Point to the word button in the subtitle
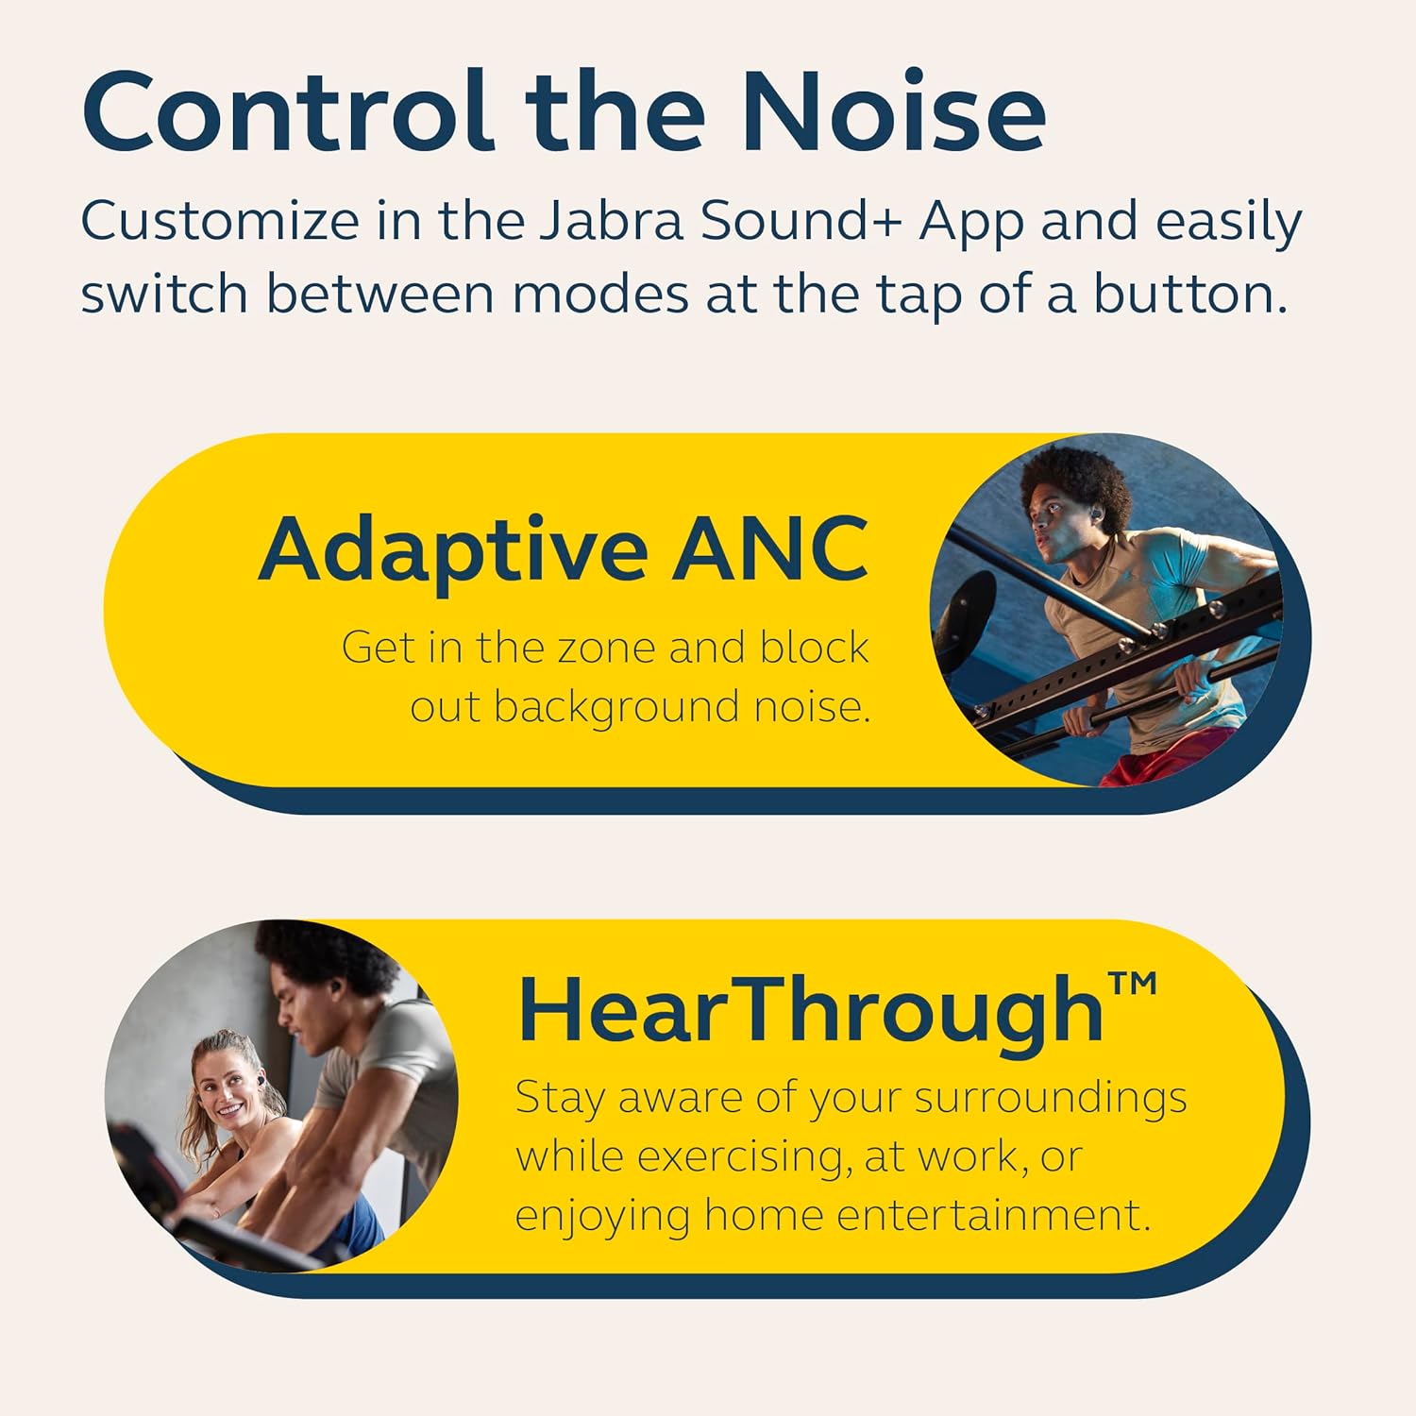pyautogui.click(x=1189, y=295)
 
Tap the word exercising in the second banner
pyautogui.click(x=738, y=1158)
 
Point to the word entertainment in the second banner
pyautogui.click(x=993, y=1215)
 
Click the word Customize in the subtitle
pyautogui.click(x=220, y=223)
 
